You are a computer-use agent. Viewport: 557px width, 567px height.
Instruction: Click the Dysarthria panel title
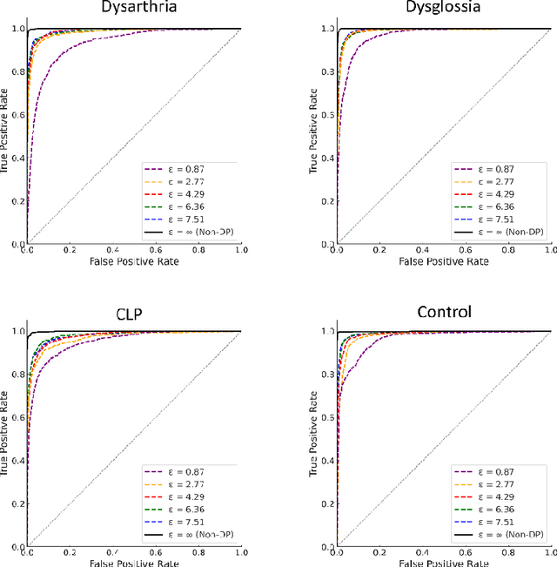(134, 9)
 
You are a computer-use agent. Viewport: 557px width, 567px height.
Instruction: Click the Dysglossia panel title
(444, 9)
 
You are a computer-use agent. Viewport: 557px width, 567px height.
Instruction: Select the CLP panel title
(134, 312)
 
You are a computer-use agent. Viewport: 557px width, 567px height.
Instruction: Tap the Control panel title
(444, 312)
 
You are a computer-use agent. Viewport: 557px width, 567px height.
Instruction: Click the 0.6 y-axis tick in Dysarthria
(17, 115)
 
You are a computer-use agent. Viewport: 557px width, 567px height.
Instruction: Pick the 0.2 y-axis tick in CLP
(17, 503)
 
